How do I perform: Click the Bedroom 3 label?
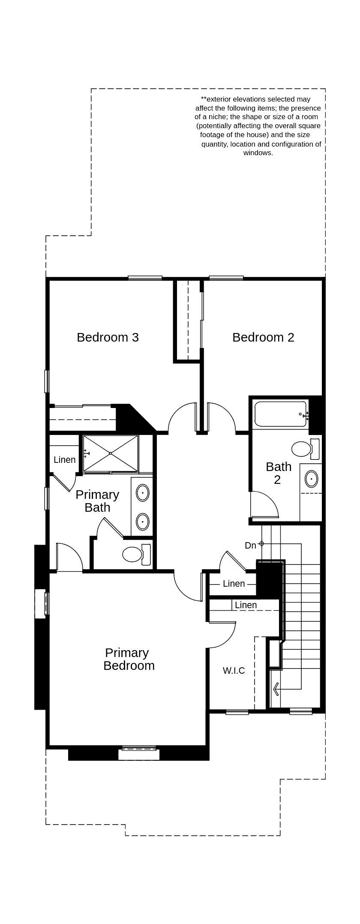(x=108, y=337)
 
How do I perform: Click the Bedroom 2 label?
(x=263, y=337)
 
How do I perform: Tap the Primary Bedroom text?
(x=128, y=659)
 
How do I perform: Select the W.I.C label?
(x=234, y=671)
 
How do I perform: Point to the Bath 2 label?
(x=278, y=473)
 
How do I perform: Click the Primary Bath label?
(x=97, y=501)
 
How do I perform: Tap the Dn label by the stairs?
(x=250, y=546)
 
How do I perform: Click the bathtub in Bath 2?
(x=280, y=414)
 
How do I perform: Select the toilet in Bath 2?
(x=304, y=449)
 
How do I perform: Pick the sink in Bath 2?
(x=312, y=479)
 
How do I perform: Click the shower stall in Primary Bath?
(x=111, y=453)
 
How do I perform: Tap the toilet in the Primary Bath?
(x=135, y=554)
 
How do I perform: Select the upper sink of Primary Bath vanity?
(x=143, y=493)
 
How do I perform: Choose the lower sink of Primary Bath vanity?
(x=143, y=522)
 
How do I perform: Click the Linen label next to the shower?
(x=65, y=460)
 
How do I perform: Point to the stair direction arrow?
(x=276, y=689)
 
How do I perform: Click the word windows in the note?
(x=258, y=153)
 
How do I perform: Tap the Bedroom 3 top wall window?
(x=145, y=278)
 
